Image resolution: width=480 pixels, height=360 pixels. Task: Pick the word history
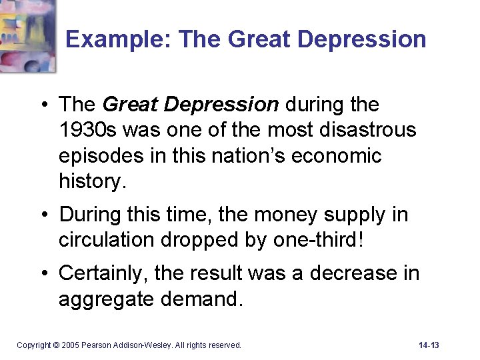pos(91,181)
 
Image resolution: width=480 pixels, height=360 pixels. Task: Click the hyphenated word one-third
pos(319,240)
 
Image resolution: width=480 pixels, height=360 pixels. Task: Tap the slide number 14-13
pos(429,345)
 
